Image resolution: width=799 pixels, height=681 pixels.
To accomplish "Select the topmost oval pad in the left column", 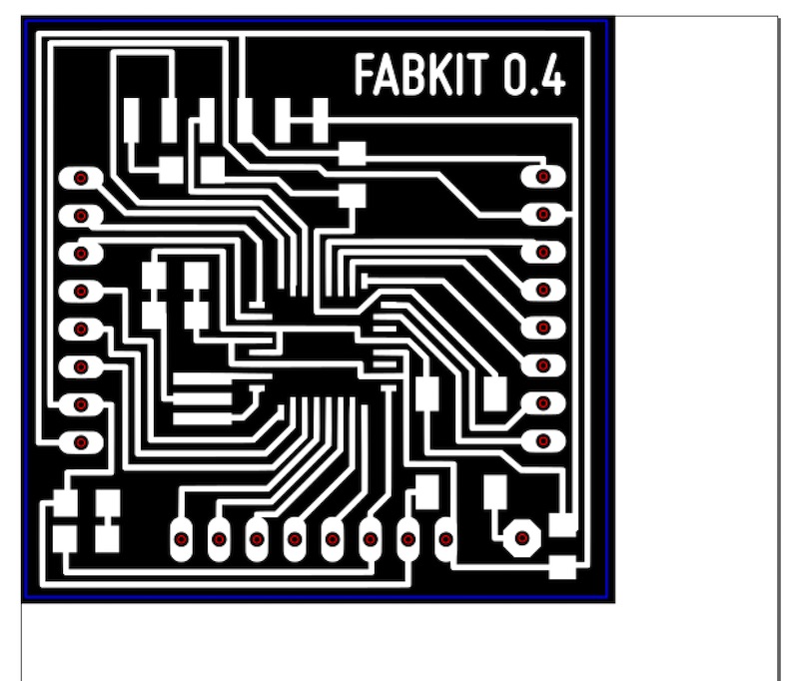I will (x=81, y=179).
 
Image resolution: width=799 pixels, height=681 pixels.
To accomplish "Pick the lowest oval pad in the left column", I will (x=81, y=441).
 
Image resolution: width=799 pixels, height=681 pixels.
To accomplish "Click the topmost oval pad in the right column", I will (x=543, y=177).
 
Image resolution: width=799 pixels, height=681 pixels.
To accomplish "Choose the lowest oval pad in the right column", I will (x=543, y=440).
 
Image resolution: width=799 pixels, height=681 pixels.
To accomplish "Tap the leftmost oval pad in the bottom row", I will (x=181, y=539).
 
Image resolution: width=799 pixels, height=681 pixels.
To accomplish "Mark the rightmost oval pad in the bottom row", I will (x=445, y=539).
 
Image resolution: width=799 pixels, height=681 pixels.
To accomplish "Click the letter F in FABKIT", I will (x=365, y=76).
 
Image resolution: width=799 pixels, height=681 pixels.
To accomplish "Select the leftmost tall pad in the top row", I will (x=132, y=121).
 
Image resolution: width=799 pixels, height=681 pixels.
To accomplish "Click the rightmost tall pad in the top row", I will (x=320, y=121).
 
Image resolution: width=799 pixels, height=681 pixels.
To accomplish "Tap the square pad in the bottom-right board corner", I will (x=563, y=568).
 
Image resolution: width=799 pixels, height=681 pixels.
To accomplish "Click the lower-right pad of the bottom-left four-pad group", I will (x=107, y=539).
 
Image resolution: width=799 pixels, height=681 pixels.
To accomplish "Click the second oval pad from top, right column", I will (x=543, y=215).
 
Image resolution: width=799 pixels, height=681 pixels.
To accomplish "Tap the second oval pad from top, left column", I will (x=81, y=216).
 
